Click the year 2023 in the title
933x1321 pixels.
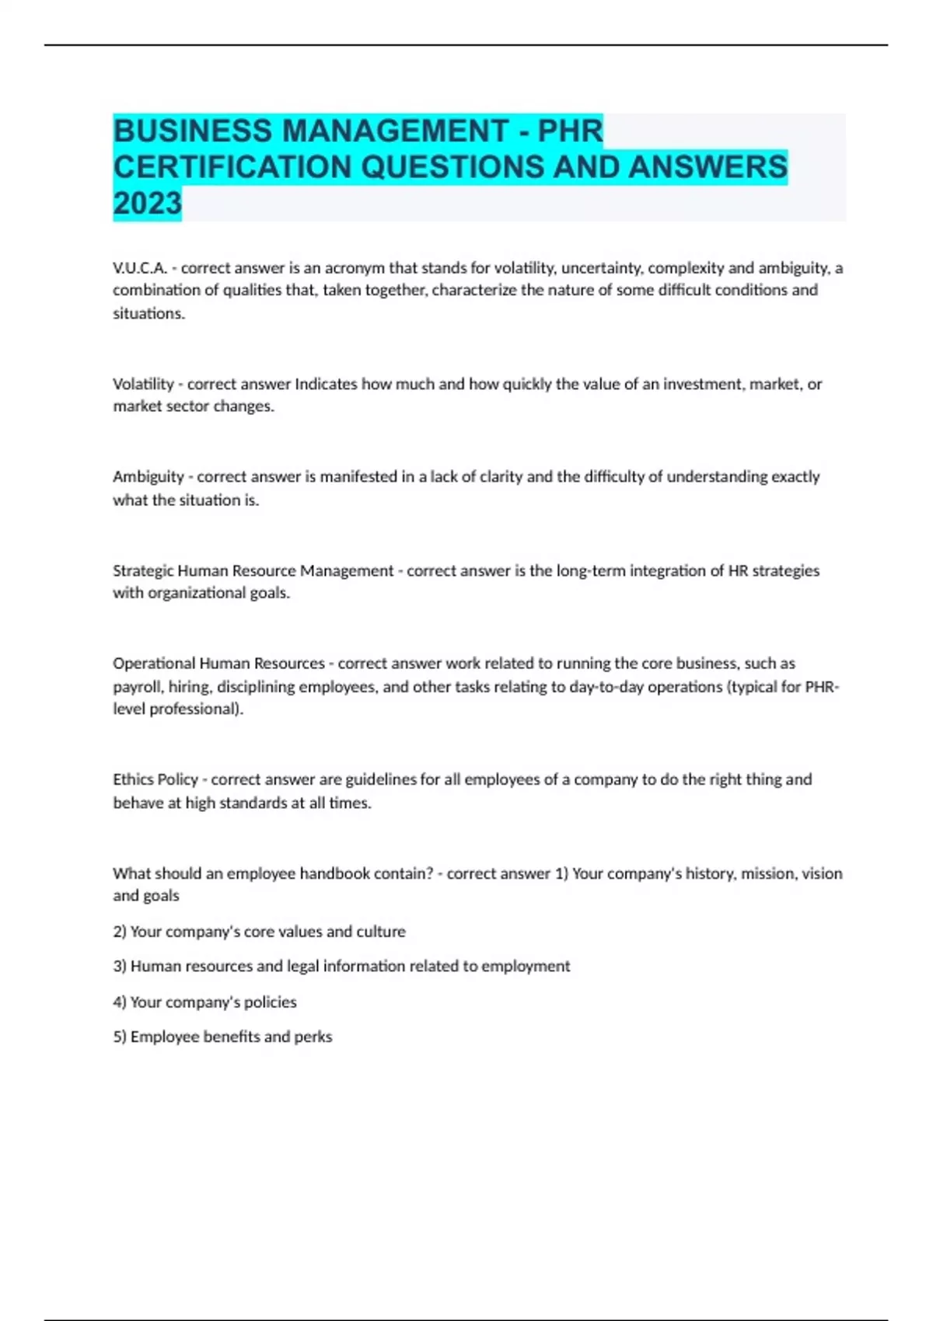(x=147, y=204)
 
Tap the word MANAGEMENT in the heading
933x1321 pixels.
(x=395, y=131)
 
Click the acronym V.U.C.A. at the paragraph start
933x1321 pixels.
(x=140, y=268)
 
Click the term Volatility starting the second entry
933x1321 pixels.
(x=143, y=384)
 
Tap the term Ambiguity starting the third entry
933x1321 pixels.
(x=148, y=476)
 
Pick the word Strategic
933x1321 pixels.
(x=143, y=570)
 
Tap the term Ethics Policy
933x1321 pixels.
(x=155, y=779)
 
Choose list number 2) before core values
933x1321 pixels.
(x=120, y=932)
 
